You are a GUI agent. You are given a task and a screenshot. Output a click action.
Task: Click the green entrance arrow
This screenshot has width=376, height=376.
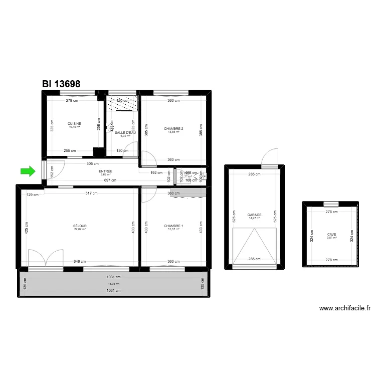tap(29, 171)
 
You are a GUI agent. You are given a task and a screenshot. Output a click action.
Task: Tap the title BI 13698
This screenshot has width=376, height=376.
tap(61, 84)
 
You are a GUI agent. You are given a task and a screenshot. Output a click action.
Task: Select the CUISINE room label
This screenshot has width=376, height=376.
tap(74, 123)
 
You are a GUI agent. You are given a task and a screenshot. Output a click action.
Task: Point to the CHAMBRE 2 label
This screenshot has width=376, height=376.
tap(173, 129)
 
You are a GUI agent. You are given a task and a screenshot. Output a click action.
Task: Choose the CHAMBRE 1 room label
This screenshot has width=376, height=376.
tap(173, 226)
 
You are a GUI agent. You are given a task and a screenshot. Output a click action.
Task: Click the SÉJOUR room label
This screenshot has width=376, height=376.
tap(80, 226)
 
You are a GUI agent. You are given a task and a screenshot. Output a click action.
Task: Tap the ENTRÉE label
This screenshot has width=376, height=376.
tap(106, 171)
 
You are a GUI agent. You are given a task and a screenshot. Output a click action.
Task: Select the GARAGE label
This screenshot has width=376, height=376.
tap(254, 215)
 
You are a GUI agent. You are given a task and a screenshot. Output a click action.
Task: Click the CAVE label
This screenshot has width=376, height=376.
tap(332, 234)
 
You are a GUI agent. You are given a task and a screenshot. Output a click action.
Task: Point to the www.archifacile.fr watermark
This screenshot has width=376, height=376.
tap(344, 308)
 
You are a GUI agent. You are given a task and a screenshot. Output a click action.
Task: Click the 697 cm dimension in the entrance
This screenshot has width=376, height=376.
tap(110, 180)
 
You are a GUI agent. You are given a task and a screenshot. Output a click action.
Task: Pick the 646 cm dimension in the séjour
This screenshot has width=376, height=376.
tap(80, 262)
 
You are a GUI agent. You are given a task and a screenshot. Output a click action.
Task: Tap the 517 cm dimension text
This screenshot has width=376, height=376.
tap(91, 194)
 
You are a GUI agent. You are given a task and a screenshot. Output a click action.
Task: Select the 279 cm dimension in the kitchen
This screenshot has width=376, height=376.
tap(72, 101)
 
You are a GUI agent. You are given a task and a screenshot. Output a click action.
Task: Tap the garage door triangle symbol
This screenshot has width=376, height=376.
tap(254, 246)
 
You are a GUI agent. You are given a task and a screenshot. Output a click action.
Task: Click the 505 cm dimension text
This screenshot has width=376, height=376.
tap(92, 163)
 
